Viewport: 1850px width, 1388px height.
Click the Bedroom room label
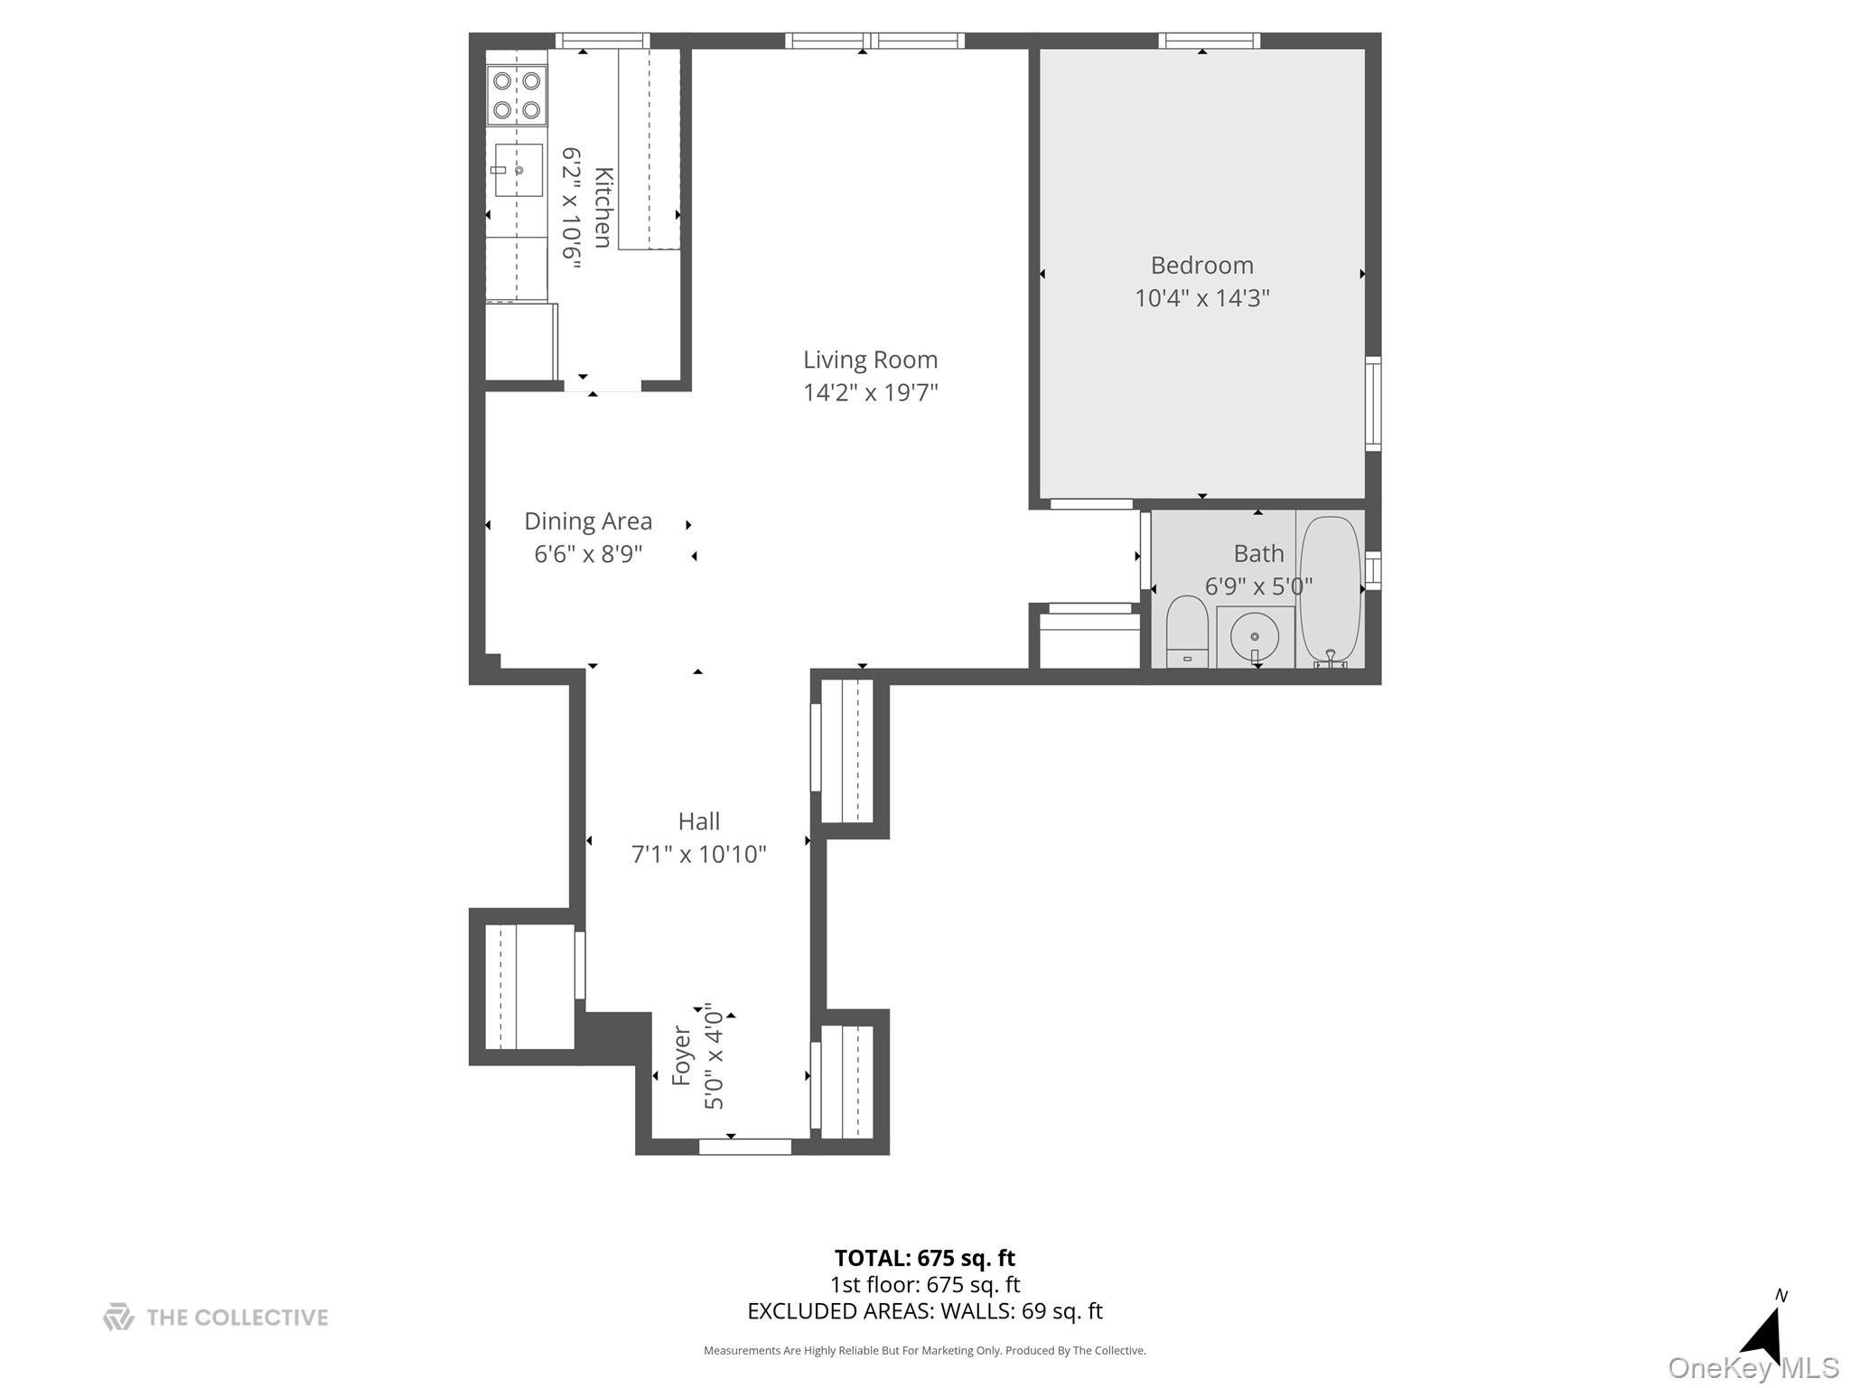1201,266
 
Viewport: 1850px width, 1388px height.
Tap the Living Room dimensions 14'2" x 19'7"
870,393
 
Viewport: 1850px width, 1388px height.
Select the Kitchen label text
603,208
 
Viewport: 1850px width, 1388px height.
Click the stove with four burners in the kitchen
517,96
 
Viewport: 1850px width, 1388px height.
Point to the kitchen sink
518,170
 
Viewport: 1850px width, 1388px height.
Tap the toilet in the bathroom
1187,630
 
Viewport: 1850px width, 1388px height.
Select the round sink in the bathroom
1254,636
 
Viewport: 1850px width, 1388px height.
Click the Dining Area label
588,521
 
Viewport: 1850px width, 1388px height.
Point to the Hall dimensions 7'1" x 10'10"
698,854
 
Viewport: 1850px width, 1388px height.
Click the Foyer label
682,1055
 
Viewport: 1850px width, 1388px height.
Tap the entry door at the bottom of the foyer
745,1147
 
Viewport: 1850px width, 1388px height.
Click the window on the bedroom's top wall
1209,41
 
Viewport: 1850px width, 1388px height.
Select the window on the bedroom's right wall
1372,403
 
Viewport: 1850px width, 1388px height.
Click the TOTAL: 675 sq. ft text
924,1258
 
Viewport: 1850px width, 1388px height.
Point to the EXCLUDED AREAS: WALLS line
924,1311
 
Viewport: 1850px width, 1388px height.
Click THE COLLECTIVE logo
216,1318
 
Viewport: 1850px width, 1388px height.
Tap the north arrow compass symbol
1764,1333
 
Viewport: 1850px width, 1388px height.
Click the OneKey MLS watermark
1752,1368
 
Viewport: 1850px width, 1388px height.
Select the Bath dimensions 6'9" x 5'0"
1258,586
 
